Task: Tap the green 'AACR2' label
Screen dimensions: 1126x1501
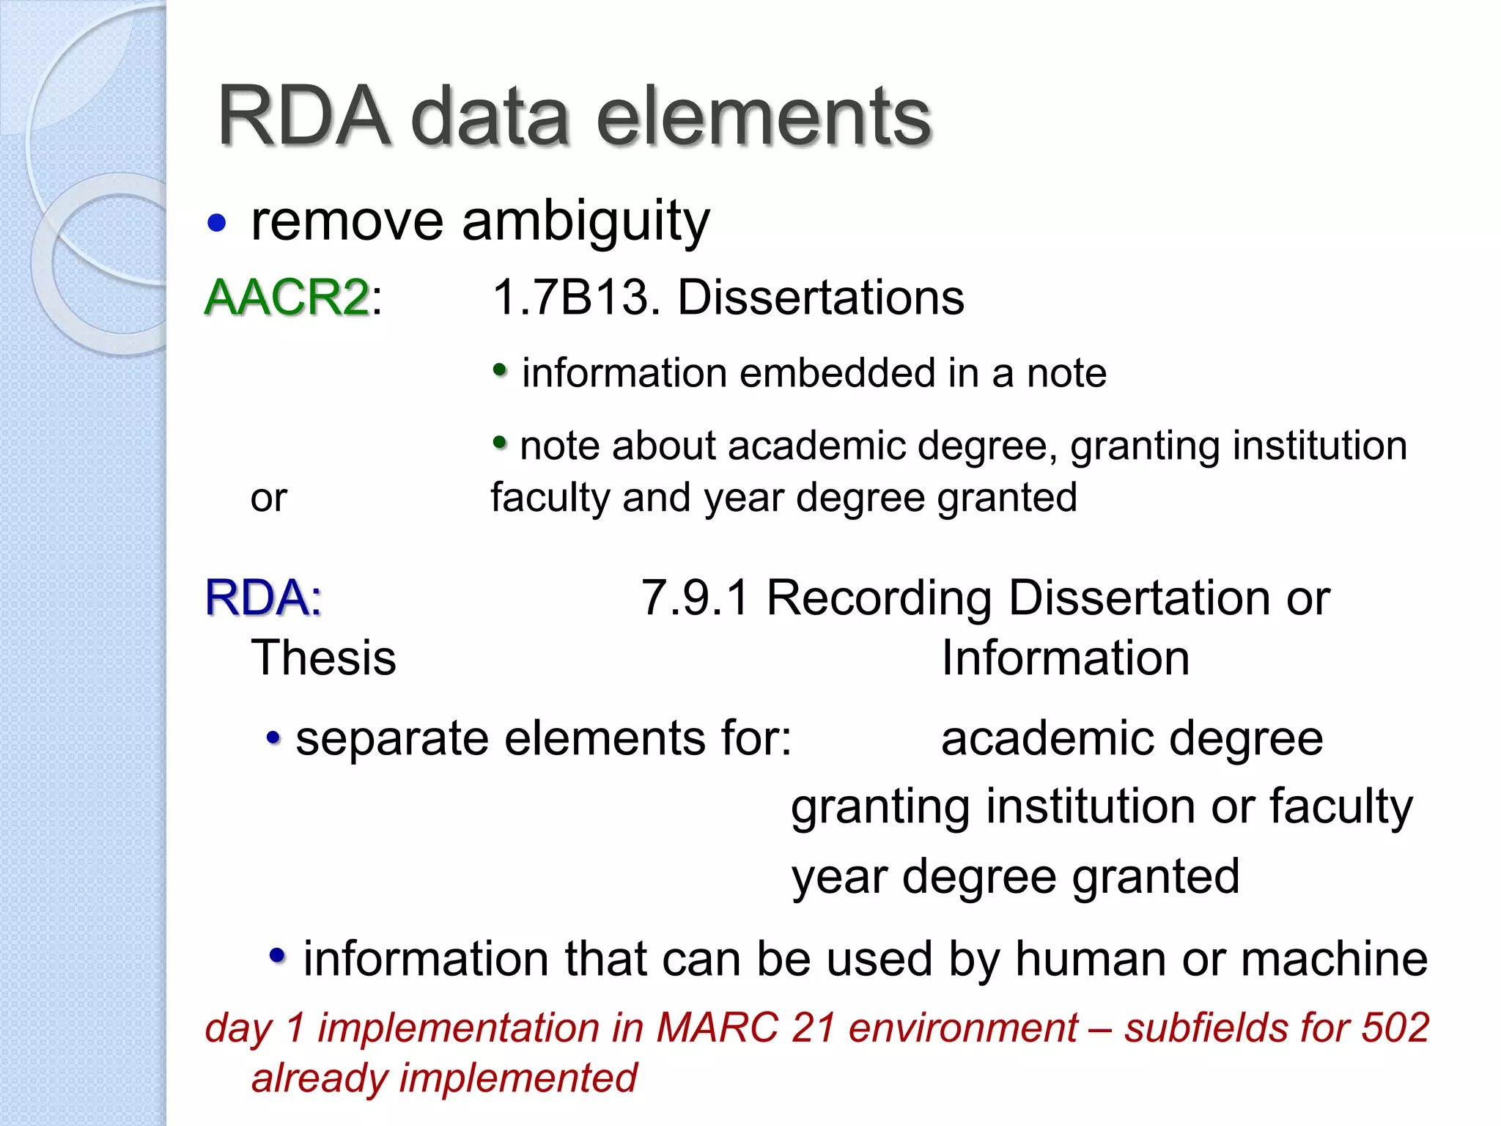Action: (287, 298)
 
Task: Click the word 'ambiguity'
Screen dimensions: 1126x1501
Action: (586, 221)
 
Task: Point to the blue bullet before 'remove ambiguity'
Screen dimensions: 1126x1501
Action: (216, 222)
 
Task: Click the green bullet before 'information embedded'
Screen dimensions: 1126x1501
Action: (500, 370)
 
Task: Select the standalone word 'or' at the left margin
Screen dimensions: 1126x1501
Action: (268, 498)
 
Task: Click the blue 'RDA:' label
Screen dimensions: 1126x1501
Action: (263, 597)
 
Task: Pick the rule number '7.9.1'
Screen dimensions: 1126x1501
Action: (695, 597)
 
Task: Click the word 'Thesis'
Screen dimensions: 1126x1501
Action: (323, 658)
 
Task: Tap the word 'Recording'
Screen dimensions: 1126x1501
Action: (879, 597)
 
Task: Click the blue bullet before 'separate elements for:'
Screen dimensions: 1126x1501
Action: (273, 737)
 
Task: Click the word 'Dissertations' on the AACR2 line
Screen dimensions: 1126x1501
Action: (821, 298)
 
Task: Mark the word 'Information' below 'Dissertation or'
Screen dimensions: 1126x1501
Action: (1065, 658)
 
